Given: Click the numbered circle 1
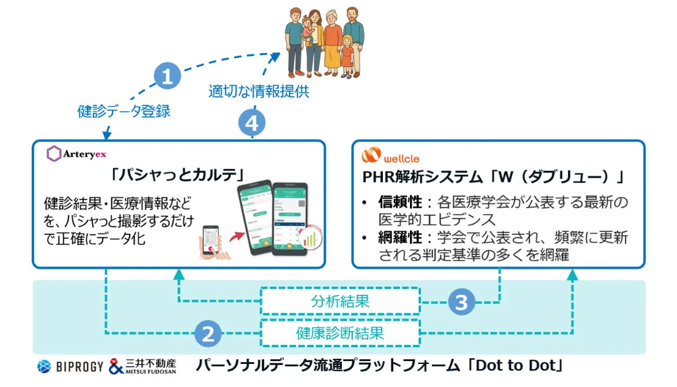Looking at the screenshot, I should point(167,77).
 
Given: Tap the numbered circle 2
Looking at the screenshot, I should point(208,333).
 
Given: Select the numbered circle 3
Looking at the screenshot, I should point(461,302).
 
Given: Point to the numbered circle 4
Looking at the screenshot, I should point(252,123).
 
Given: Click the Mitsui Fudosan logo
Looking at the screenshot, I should point(142,366).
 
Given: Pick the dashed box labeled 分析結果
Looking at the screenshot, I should point(340,301).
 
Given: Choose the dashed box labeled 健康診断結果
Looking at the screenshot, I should point(340,333).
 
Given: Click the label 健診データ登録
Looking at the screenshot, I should point(124,111).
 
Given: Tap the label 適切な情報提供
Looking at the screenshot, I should point(258,92).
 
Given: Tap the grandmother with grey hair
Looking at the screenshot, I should point(332,40).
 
